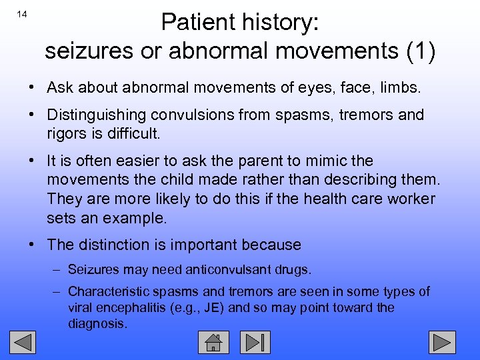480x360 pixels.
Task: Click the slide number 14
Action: point(21,15)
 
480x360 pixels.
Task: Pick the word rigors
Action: point(65,133)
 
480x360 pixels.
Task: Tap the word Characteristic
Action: point(107,291)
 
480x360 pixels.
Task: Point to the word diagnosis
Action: point(97,324)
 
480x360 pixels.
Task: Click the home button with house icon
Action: point(213,342)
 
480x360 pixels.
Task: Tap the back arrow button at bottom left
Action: point(25,342)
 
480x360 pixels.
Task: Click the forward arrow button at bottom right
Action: point(442,342)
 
